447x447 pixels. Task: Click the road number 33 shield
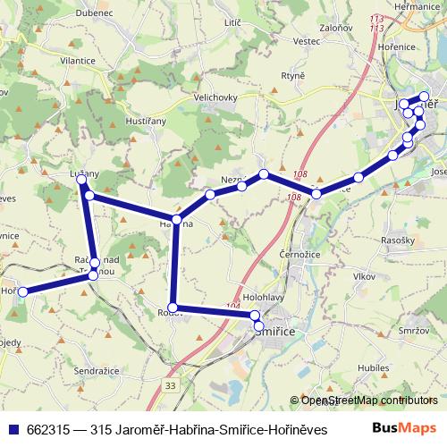170,385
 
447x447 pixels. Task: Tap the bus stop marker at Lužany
82,181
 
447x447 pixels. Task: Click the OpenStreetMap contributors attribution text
368,400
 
